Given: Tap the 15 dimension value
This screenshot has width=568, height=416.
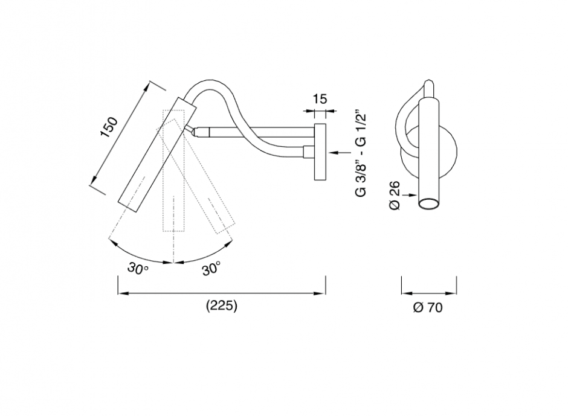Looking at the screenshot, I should pos(320,99).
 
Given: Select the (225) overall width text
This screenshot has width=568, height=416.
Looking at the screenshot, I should pos(222,306).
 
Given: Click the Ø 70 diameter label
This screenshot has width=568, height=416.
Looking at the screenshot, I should pos(428,308).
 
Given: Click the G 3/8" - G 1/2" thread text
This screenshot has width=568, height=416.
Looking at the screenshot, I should pos(361,153).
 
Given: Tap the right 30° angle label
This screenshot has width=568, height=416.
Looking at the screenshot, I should pos(211,268).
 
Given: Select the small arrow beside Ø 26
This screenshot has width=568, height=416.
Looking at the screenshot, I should pos(411,194).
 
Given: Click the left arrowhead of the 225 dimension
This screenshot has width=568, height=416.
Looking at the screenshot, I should pos(121,293).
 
